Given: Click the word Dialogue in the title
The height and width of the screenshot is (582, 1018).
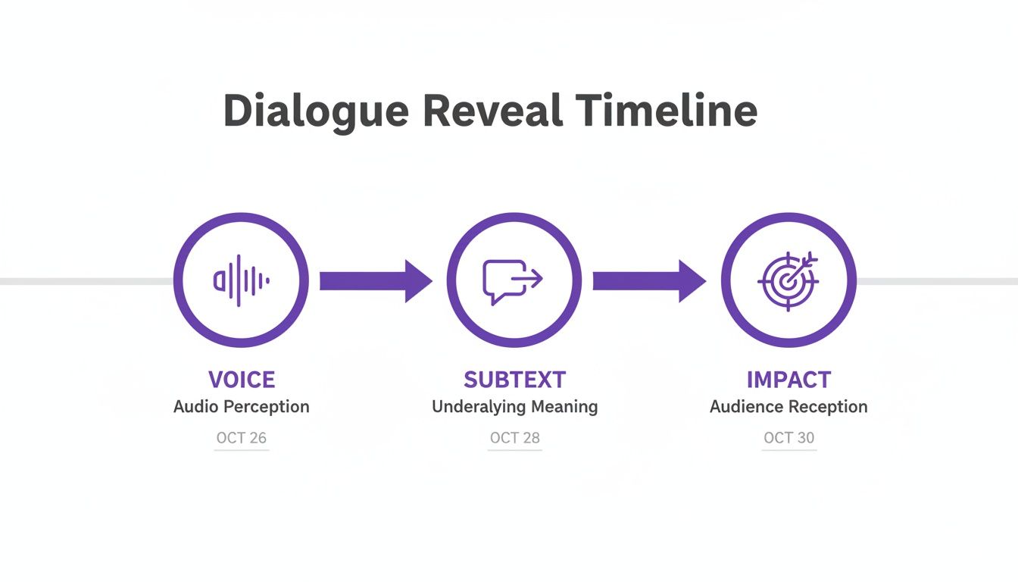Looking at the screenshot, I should [x=316, y=111].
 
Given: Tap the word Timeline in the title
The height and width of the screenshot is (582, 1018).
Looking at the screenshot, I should [x=667, y=111].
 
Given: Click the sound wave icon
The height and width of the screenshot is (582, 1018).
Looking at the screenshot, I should [x=241, y=280].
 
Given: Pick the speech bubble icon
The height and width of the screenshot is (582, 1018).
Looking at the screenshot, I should [x=513, y=281].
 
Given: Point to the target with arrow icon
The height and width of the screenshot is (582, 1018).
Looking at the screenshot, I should [x=788, y=280].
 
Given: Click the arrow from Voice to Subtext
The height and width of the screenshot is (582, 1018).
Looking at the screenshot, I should [x=375, y=281].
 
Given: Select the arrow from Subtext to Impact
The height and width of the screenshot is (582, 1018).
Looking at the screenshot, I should [x=648, y=281].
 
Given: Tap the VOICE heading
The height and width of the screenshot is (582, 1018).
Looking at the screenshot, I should [x=241, y=380].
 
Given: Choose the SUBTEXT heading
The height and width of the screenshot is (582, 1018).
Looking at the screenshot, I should [x=514, y=380].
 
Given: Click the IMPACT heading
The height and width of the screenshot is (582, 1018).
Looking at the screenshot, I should [x=788, y=380].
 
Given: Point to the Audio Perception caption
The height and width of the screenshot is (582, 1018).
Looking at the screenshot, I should [x=241, y=407].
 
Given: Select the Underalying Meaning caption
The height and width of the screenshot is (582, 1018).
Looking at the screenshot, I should [x=514, y=407].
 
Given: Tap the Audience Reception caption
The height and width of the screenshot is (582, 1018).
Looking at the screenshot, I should [x=788, y=407].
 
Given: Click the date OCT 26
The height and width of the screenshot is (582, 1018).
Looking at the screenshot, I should [x=241, y=438].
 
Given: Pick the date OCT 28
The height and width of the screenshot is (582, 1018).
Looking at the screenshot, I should [x=514, y=438].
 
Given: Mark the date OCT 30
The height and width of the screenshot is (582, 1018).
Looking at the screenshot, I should [x=788, y=438].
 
